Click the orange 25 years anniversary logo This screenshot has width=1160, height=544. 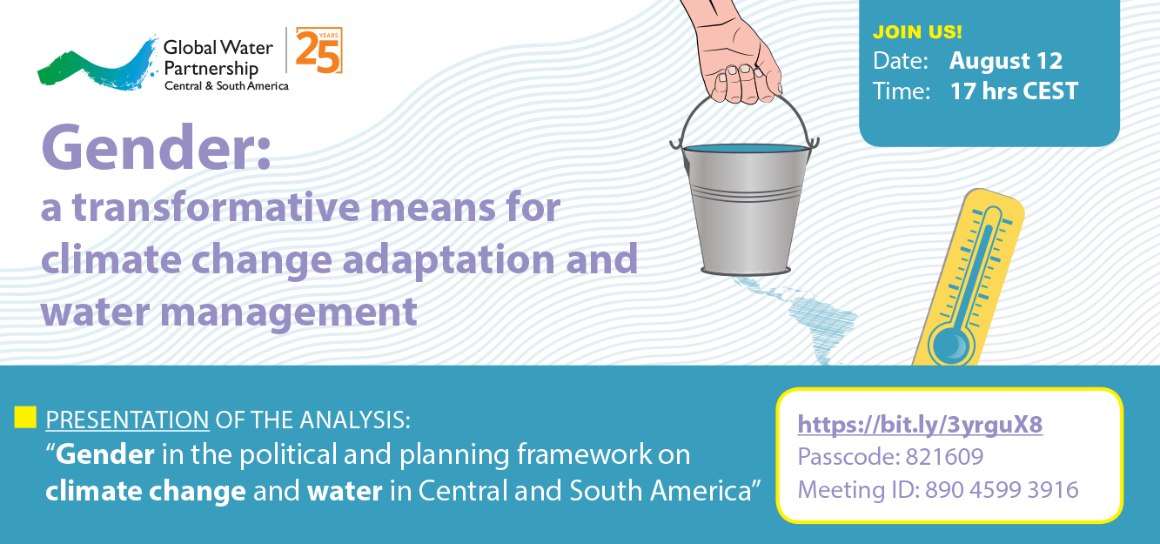(x=319, y=50)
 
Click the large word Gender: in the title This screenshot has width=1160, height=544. (x=156, y=148)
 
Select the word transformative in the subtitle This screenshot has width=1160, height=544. (x=216, y=207)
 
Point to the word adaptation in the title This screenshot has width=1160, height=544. (x=449, y=260)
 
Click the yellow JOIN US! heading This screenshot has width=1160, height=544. (x=917, y=32)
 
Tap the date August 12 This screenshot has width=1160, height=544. (x=1006, y=61)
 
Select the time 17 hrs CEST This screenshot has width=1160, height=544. (x=1014, y=91)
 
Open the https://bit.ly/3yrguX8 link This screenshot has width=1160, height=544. (x=920, y=425)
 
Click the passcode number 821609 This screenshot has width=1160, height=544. (x=944, y=456)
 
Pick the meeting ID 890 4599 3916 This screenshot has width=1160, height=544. (x=1002, y=489)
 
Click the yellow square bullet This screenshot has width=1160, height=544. (x=25, y=418)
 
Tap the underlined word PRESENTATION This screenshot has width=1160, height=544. (x=127, y=420)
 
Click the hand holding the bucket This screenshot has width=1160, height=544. (x=734, y=52)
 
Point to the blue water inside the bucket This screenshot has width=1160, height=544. (x=745, y=149)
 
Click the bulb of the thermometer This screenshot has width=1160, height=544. (x=951, y=345)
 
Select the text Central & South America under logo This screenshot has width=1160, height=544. (x=226, y=86)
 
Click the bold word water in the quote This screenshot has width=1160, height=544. (x=345, y=491)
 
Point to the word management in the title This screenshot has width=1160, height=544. (x=289, y=313)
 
